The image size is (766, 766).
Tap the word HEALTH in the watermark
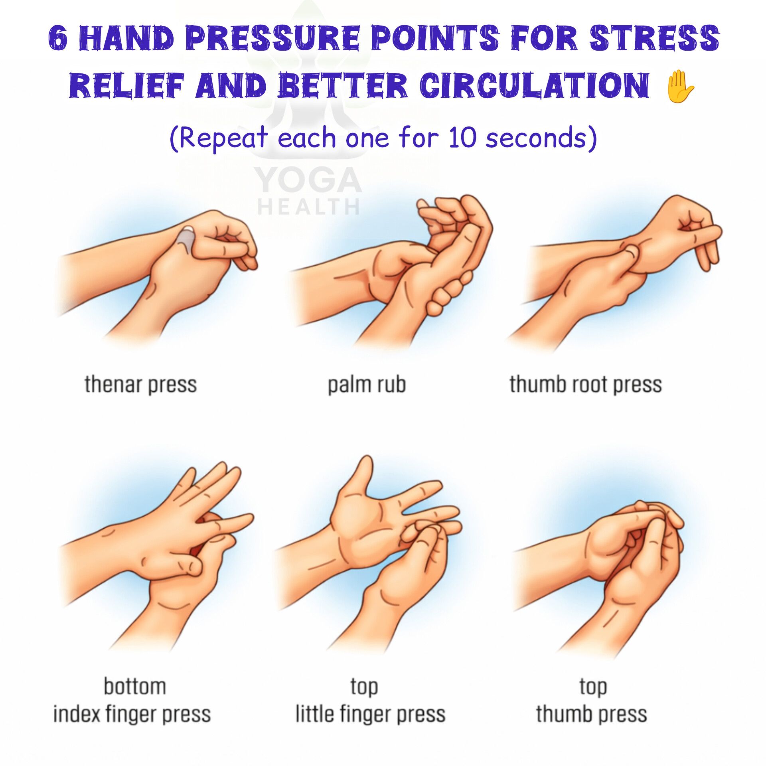308,207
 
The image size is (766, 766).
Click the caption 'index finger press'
132,714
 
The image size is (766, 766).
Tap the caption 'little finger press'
370,714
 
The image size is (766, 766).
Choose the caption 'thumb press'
591,714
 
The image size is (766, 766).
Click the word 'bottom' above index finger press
135,686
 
